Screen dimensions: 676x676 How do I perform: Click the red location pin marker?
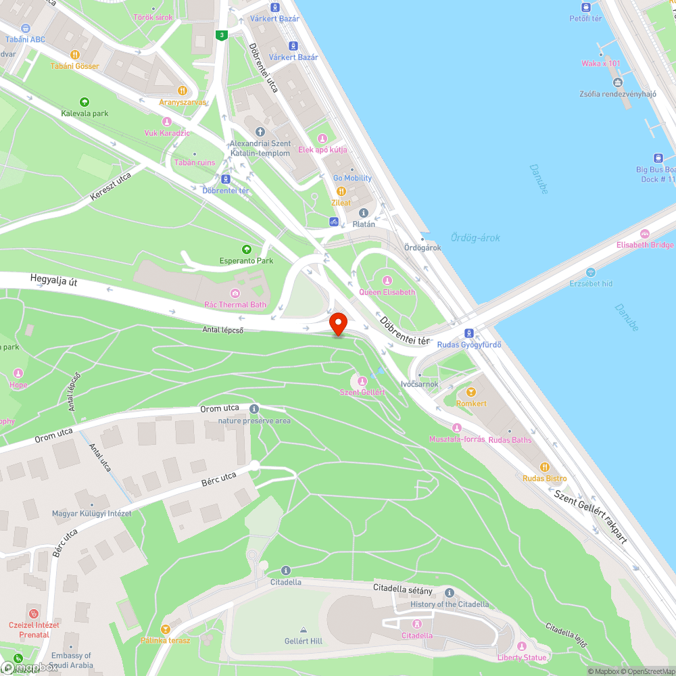(x=338, y=323)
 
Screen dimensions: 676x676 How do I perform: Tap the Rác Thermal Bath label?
(x=235, y=305)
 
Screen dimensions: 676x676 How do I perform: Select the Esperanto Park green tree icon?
(x=246, y=249)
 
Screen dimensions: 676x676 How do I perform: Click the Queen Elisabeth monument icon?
(x=387, y=281)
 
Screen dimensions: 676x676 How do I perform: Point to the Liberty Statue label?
(x=522, y=658)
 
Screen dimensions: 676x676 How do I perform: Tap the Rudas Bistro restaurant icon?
(x=545, y=467)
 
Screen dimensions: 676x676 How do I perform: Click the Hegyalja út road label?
(x=54, y=281)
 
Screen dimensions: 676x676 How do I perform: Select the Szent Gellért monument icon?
(x=362, y=381)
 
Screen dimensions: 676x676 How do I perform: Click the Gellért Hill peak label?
(x=303, y=640)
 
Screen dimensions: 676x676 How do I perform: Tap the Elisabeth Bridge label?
(x=644, y=245)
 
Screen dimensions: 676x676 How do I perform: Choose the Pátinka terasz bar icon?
(x=166, y=629)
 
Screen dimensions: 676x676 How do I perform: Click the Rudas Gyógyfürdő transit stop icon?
(x=468, y=333)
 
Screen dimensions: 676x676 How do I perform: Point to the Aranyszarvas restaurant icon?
(x=182, y=91)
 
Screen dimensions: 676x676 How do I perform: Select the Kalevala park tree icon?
(x=84, y=102)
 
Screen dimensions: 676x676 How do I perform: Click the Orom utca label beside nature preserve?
(x=220, y=409)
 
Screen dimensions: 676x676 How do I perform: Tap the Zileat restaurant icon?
(x=341, y=191)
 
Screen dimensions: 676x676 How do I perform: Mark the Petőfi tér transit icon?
(x=585, y=7)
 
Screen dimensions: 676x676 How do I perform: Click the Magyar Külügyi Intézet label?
(x=91, y=514)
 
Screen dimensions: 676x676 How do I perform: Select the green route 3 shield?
(x=221, y=35)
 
